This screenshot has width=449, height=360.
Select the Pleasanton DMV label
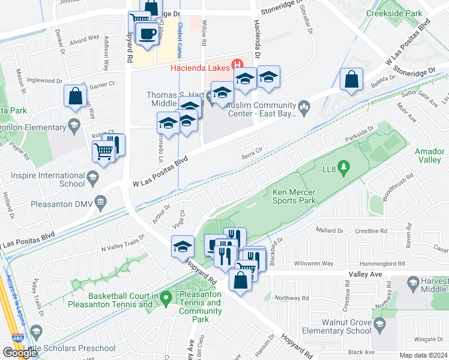61,205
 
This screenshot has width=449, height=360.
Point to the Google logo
19,353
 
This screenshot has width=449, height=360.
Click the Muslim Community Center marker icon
304,109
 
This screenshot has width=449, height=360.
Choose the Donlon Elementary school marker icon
74,126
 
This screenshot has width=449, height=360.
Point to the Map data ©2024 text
423,355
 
